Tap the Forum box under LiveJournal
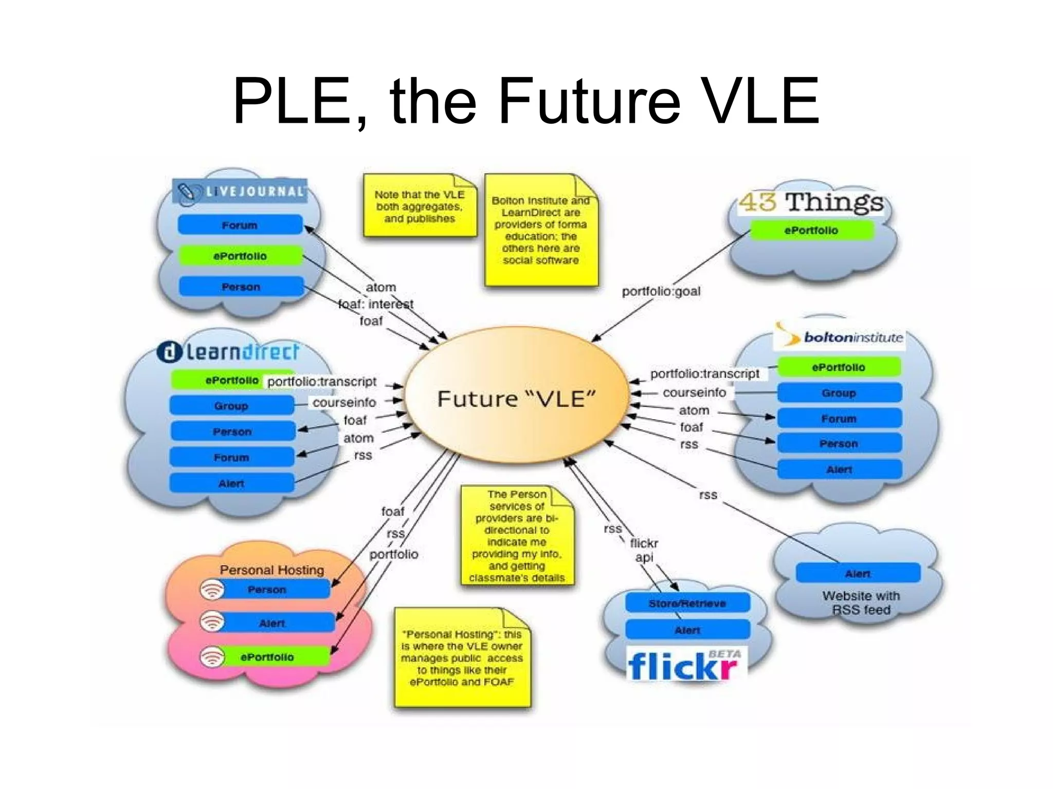pos(240,225)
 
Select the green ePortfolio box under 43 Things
pos(811,230)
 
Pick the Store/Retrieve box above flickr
pos(687,603)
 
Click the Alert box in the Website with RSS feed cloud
pos(858,573)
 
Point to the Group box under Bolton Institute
pos(839,393)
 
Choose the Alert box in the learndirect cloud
pos(231,483)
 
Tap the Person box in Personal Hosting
pos(267,589)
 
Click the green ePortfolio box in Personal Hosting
pos(267,657)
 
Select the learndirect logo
pos(228,352)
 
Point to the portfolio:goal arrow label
pos(661,291)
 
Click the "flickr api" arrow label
pos(644,550)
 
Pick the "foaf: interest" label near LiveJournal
pos(376,304)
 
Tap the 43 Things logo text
pos(811,202)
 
